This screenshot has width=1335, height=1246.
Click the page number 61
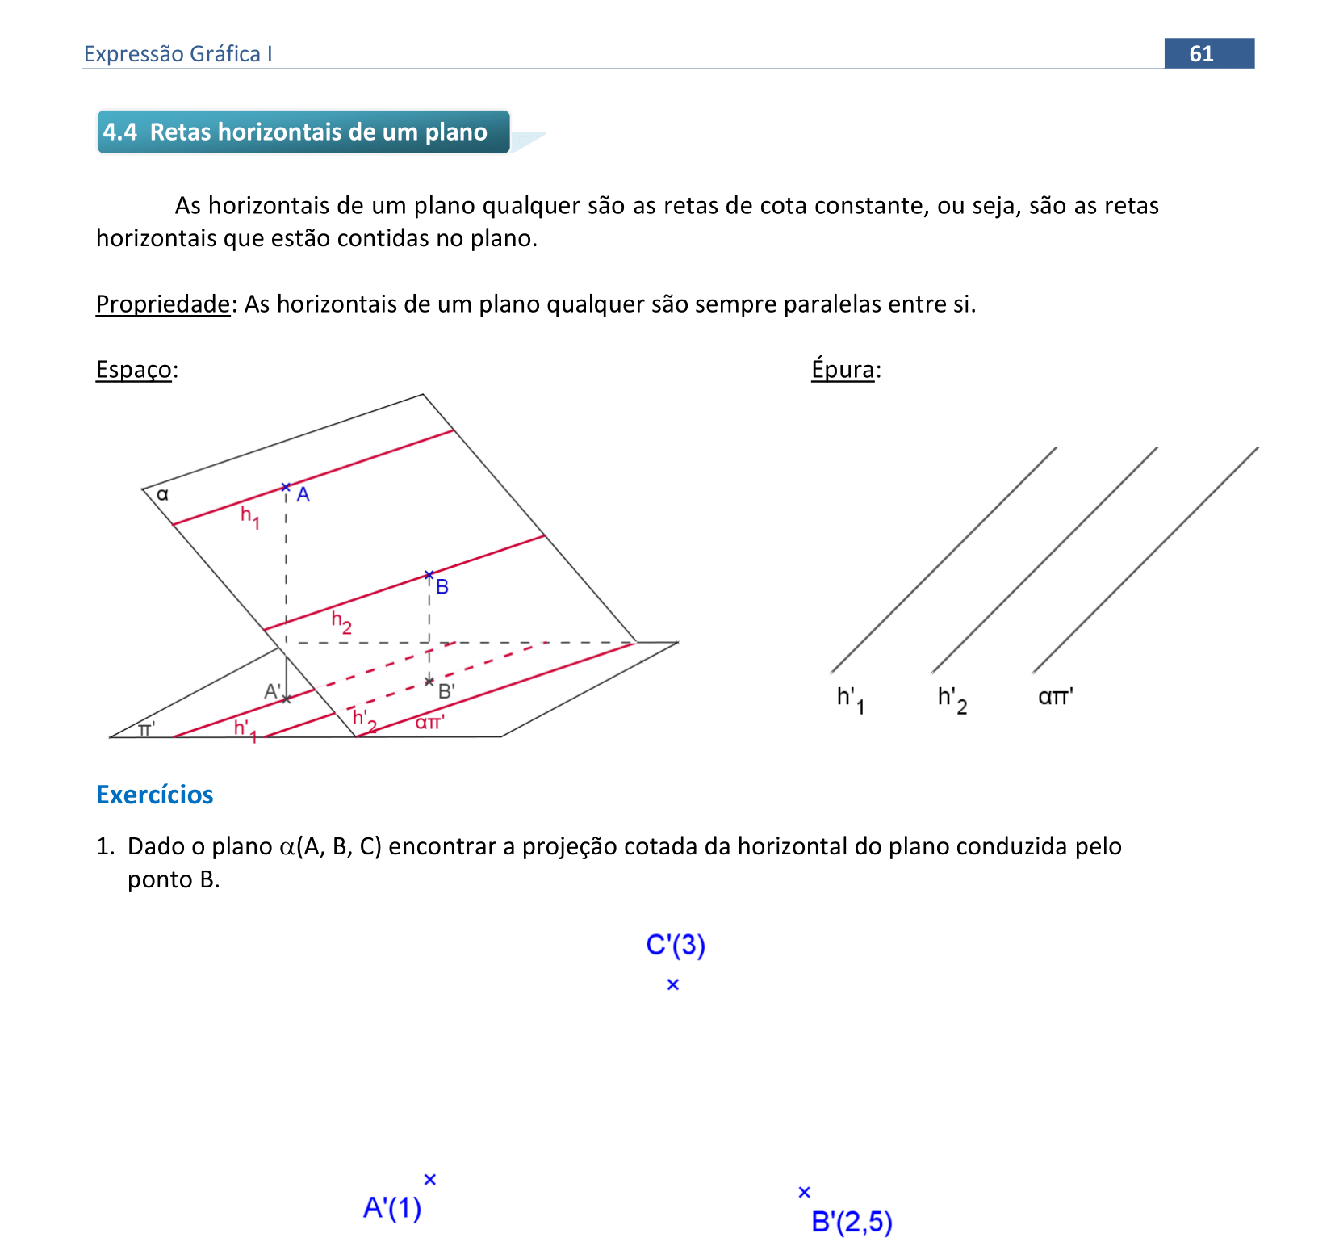point(1201,53)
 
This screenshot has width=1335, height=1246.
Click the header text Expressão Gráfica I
point(178,53)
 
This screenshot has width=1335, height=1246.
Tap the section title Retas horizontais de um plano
point(318,132)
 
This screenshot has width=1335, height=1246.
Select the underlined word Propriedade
point(163,304)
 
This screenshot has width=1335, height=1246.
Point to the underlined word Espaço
point(133,369)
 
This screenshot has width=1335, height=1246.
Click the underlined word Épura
point(843,369)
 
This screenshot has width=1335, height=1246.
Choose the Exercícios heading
point(155,795)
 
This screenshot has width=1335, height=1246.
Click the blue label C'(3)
point(676,945)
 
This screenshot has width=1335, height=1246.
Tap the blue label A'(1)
point(392,1208)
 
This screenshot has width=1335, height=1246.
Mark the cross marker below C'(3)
point(673,984)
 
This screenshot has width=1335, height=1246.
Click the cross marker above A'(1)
point(430,1180)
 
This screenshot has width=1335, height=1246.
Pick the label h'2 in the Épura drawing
point(952,699)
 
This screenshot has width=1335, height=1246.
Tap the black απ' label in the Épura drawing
point(1056,696)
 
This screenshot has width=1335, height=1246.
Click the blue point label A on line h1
point(303,494)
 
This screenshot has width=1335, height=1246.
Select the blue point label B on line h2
point(442,587)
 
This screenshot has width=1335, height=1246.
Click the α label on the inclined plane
point(162,494)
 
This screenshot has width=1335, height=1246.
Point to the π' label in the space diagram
point(146,729)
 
